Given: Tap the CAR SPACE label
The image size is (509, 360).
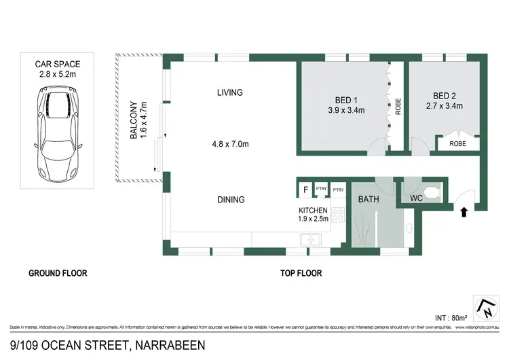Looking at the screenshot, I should coord(58,65).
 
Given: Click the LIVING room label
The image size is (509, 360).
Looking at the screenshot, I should coord(230,92).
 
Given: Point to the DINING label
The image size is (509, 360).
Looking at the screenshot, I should coord(231,200).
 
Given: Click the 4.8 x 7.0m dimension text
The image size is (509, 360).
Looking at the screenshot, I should coord(230,144).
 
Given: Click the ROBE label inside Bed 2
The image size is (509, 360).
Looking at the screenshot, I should coord(458,144).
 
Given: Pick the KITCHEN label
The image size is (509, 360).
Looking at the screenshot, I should coord(314,211).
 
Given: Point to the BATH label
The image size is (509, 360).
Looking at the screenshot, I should coord(369,200).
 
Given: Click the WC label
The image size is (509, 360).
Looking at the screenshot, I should coord(417,198).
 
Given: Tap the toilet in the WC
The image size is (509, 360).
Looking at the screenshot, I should coord(432,190).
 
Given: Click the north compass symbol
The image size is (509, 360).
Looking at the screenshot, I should coord(487,309).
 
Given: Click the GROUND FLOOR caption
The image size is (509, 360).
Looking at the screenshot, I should coord(58,274).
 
